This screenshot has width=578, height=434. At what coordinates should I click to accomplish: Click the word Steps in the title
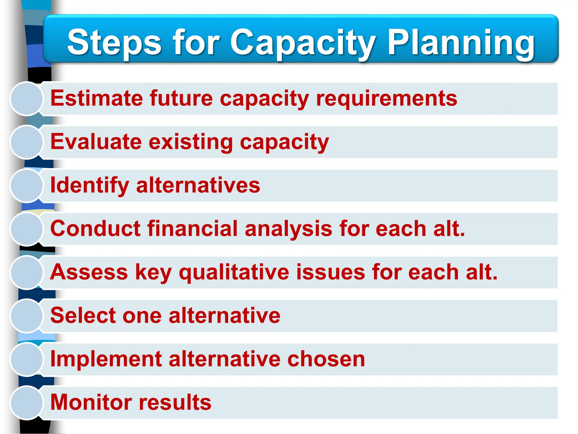click(x=114, y=42)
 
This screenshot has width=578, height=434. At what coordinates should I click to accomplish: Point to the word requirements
click(x=387, y=98)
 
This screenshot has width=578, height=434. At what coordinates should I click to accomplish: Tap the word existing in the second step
click(x=191, y=142)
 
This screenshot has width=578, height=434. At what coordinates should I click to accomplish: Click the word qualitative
click(x=234, y=272)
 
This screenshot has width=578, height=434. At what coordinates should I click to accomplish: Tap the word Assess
click(x=89, y=272)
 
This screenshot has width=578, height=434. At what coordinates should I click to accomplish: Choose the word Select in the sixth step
click(x=83, y=315)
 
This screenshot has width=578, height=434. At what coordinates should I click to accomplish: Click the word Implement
click(x=106, y=359)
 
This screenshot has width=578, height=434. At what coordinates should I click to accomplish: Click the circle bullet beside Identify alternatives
click(x=27, y=186)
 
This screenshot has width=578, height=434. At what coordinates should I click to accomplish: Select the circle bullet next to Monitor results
click(x=27, y=403)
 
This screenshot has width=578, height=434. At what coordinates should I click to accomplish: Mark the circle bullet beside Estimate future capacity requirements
click(x=27, y=99)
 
